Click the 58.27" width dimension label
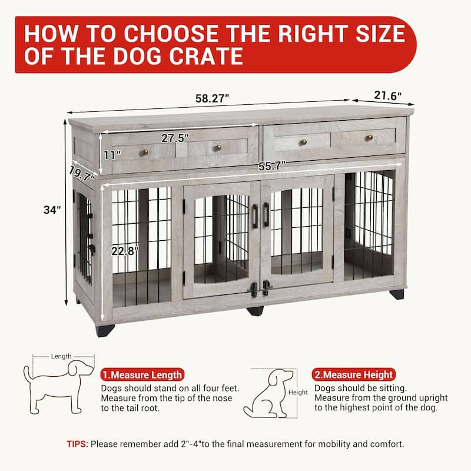(x=212, y=98)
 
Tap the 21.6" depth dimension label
(x=387, y=95)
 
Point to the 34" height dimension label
(x=52, y=210)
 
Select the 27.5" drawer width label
(x=175, y=138)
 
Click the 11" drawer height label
(x=112, y=155)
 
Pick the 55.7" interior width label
(x=272, y=165)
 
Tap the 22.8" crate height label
(x=125, y=251)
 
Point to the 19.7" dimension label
(x=82, y=174)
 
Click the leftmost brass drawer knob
(x=144, y=152)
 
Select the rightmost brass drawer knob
(x=369, y=138)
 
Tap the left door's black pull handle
(x=256, y=216)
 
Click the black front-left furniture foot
(x=105, y=330)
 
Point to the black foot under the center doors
(x=255, y=311)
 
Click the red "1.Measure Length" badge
(x=142, y=374)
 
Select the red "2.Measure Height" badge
(x=354, y=374)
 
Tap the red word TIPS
(x=78, y=444)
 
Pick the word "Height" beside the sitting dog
(x=298, y=392)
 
